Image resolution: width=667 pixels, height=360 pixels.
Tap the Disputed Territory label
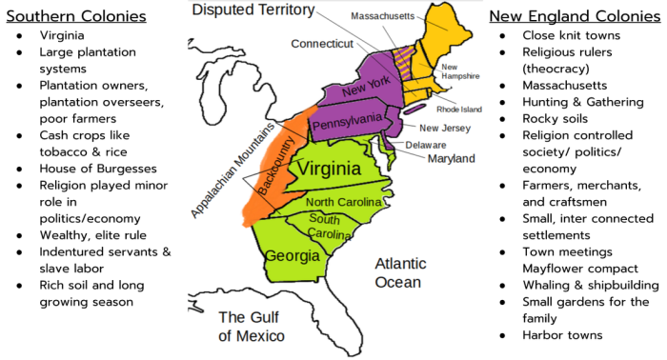coord(253,10)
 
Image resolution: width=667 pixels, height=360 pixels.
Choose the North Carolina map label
coord(344,202)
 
